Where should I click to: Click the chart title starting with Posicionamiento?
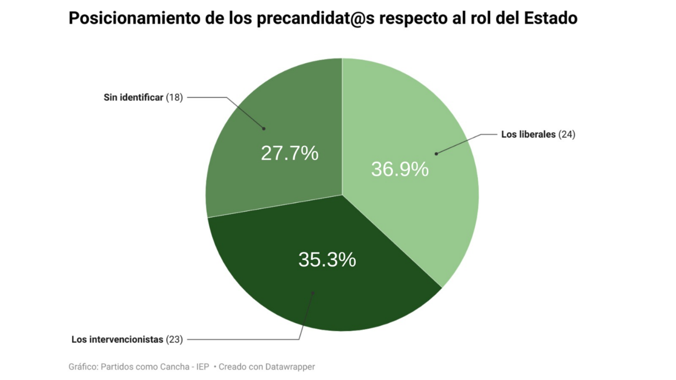point(323,18)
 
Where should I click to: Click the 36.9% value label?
point(399,169)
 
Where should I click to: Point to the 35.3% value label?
point(327,260)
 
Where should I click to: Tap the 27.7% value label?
point(289,154)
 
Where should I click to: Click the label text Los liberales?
point(528,134)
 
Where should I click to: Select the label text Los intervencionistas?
point(117,339)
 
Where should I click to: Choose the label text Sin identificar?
point(133,98)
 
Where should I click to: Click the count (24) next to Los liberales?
point(566,134)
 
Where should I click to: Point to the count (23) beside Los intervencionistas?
point(174,339)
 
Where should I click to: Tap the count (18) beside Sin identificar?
point(174,98)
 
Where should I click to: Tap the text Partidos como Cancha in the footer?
point(139,367)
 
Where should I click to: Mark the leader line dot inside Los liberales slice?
point(436,154)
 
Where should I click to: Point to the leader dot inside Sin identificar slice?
point(264,128)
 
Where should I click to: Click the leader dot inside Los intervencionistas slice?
point(313,293)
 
